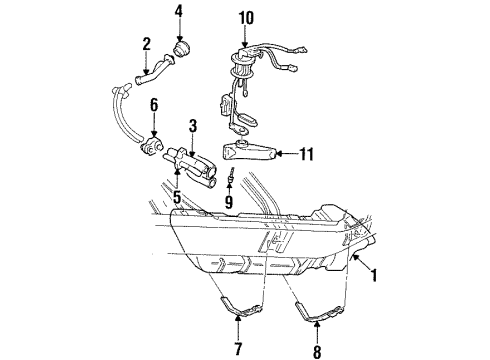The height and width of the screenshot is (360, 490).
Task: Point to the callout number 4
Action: pyautogui.click(x=178, y=12)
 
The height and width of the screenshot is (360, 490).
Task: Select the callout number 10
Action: pyautogui.click(x=247, y=16)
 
